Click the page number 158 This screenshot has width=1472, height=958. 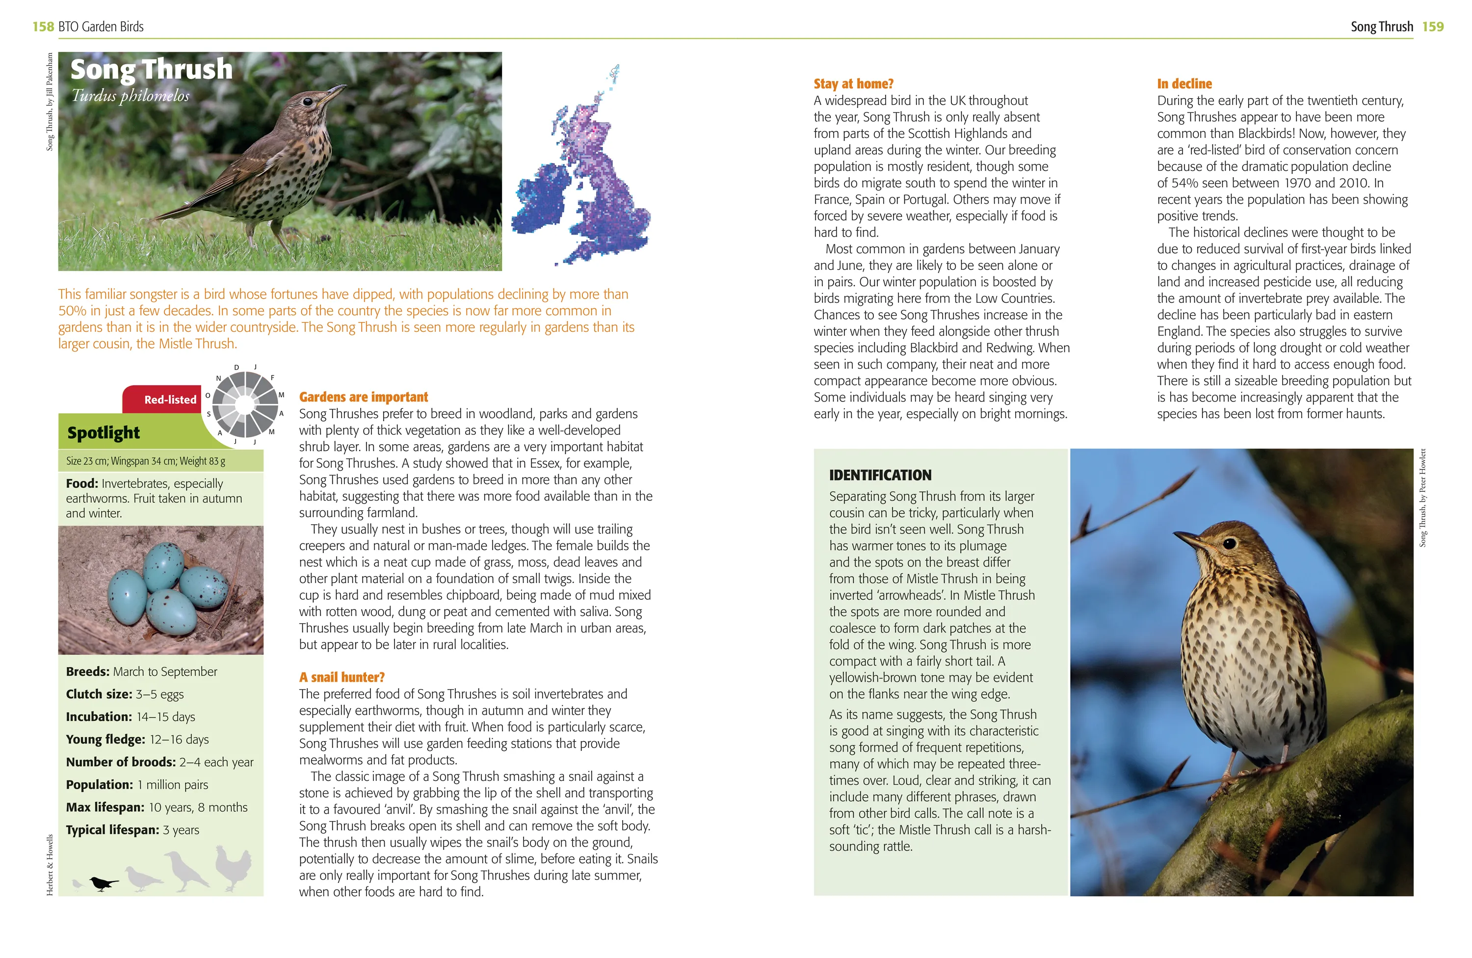[43, 27]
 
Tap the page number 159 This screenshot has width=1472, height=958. [1432, 27]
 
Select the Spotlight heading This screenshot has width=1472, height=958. [104, 432]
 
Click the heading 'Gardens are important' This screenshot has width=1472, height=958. [364, 397]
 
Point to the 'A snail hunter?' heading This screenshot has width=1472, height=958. [342, 677]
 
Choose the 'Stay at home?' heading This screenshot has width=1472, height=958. [853, 83]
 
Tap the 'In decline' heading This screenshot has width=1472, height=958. [1184, 83]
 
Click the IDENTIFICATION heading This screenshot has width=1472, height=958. [880, 475]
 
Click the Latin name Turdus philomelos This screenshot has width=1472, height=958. [131, 96]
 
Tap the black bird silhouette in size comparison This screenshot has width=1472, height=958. [103, 884]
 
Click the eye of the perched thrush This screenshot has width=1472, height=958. [1230, 543]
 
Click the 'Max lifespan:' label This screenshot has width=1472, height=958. [105, 807]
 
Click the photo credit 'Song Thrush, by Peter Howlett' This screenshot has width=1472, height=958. [1422, 498]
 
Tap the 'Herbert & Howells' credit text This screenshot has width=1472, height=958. [50, 865]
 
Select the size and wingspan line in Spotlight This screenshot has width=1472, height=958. [146, 461]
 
